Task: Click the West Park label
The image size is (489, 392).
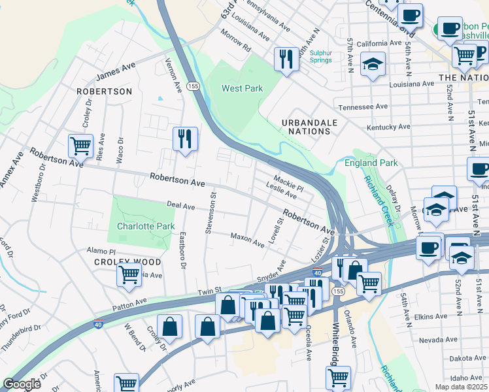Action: pyautogui.click(x=241, y=88)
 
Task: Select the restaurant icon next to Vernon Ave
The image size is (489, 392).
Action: pyautogui.click(x=185, y=139)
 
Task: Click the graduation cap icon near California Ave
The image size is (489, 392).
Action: pyautogui.click(x=373, y=65)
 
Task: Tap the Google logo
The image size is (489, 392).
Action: pyautogui.click(x=22, y=384)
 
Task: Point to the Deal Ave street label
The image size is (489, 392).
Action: pyautogui.click(x=180, y=206)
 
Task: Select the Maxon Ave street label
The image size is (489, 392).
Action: pyautogui.click(x=247, y=239)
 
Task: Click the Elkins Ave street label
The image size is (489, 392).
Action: pyautogui.click(x=431, y=316)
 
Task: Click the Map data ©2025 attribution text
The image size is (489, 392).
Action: pyautogui.click(x=462, y=387)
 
